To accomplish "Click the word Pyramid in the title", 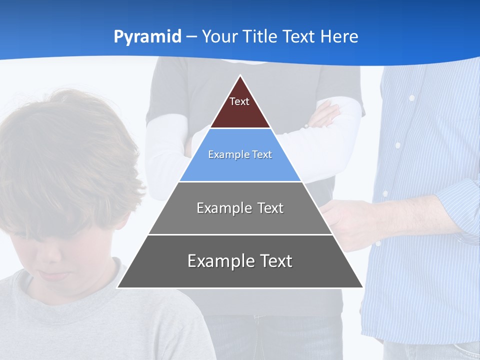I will [x=147, y=37].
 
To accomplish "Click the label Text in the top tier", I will [x=239, y=101].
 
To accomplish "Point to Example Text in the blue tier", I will [x=240, y=154].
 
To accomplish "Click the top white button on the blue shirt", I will [x=411, y=98].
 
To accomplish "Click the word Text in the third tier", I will [x=265, y=208].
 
